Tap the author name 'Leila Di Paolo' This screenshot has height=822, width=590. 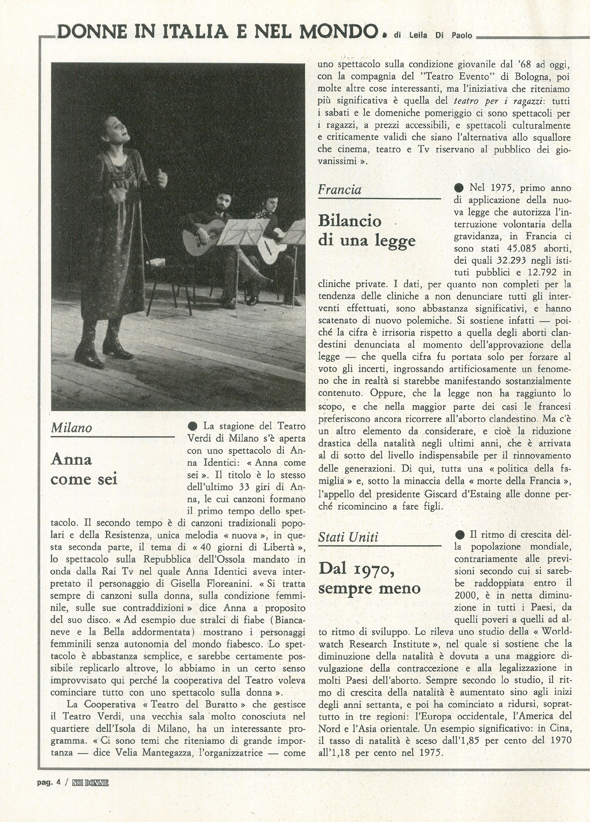441,35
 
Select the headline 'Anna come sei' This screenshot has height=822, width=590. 84,469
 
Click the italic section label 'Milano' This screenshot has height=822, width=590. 72,428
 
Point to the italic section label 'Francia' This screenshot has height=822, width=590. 340,190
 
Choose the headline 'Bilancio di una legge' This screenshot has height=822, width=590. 366,230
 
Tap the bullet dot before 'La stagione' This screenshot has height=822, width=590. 193,426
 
